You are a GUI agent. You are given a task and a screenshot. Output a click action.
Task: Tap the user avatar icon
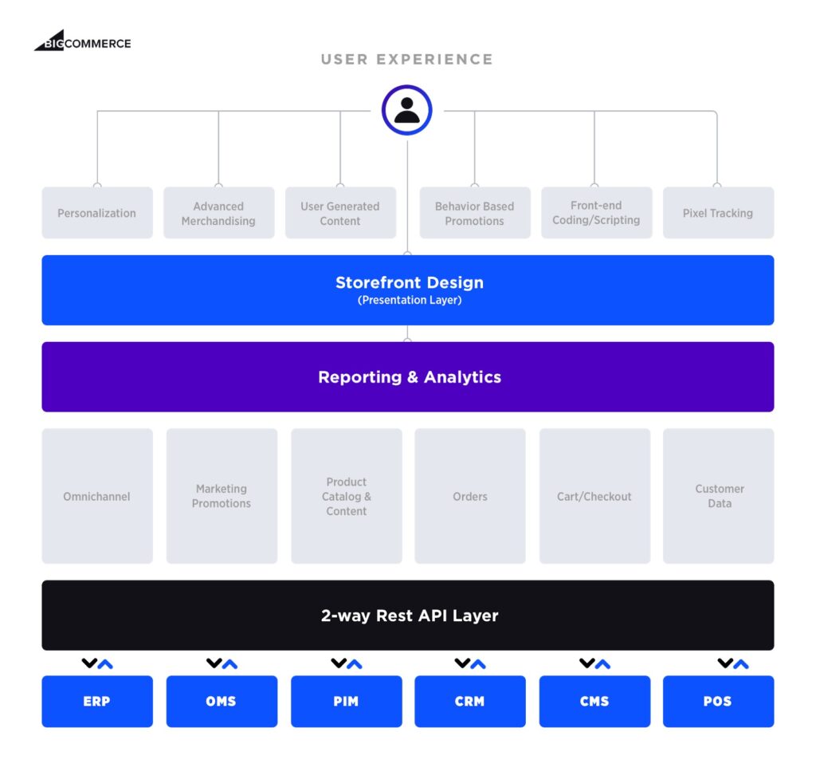tap(406, 110)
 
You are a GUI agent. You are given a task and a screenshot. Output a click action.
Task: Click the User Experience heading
tap(406, 60)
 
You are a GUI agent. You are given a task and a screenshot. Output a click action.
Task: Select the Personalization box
tap(97, 213)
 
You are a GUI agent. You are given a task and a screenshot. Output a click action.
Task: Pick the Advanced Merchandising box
tap(218, 213)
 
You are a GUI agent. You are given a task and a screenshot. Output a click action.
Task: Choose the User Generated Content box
tap(340, 213)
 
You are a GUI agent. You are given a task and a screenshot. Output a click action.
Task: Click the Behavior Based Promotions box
tap(474, 213)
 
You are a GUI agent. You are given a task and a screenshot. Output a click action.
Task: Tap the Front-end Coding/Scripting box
tap(596, 213)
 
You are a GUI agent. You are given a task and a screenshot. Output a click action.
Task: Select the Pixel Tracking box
tap(717, 213)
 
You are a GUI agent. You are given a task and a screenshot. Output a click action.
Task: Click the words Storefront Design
tap(409, 282)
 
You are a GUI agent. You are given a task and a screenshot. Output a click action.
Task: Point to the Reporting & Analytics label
tap(409, 377)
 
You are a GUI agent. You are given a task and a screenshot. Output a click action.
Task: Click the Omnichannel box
tap(97, 496)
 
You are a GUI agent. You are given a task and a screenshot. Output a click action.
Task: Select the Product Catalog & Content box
tap(346, 496)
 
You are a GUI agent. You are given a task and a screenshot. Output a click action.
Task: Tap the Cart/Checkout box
tap(594, 496)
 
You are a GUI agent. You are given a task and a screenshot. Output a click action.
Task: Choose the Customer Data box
tap(719, 496)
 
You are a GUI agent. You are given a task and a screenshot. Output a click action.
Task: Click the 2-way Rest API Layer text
tap(409, 616)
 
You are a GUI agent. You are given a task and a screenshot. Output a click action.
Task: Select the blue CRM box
tap(469, 702)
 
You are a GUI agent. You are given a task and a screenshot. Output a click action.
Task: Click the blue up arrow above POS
tap(741, 663)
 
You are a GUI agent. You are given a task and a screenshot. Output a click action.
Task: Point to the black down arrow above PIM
tap(339, 663)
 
